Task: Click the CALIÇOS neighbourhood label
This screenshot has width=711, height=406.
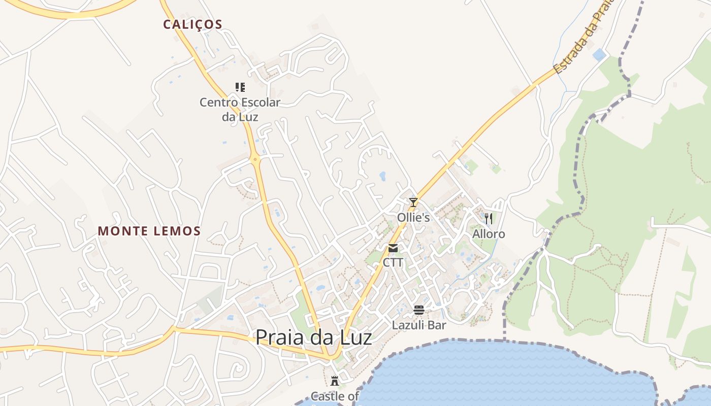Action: click(x=192, y=24)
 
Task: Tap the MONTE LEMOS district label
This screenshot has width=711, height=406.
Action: click(x=149, y=231)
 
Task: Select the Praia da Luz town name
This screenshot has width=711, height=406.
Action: click(x=313, y=337)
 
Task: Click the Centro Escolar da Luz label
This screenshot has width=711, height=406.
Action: click(x=240, y=110)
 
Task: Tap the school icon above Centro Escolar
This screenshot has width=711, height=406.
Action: click(x=240, y=87)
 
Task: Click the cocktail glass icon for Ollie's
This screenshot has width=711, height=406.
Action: click(x=413, y=202)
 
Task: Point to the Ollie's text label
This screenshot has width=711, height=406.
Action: click(x=413, y=218)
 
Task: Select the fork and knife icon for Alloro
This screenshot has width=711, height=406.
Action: click(x=489, y=219)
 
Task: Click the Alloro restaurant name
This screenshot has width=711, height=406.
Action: click(x=489, y=234)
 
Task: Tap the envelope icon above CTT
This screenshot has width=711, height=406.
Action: click(x=393, y=248)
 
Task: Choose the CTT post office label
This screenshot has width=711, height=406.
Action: click(x=393, y=262)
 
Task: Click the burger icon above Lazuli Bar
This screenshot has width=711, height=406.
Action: click(x=419, y=310)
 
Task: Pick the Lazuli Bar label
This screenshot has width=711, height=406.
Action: click(x=419, y=325)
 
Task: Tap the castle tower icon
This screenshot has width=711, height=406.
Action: click(x=335, y=381)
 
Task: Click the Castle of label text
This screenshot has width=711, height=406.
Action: click(x=335, y=396)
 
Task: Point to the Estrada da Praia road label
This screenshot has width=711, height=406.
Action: click(x=584, y=38)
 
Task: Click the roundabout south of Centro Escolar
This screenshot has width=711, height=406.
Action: click(x=255, y=159)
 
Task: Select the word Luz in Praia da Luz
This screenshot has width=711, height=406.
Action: click(x=353, y=337)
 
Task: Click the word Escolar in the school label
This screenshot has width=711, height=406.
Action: click(x=257, y=103)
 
